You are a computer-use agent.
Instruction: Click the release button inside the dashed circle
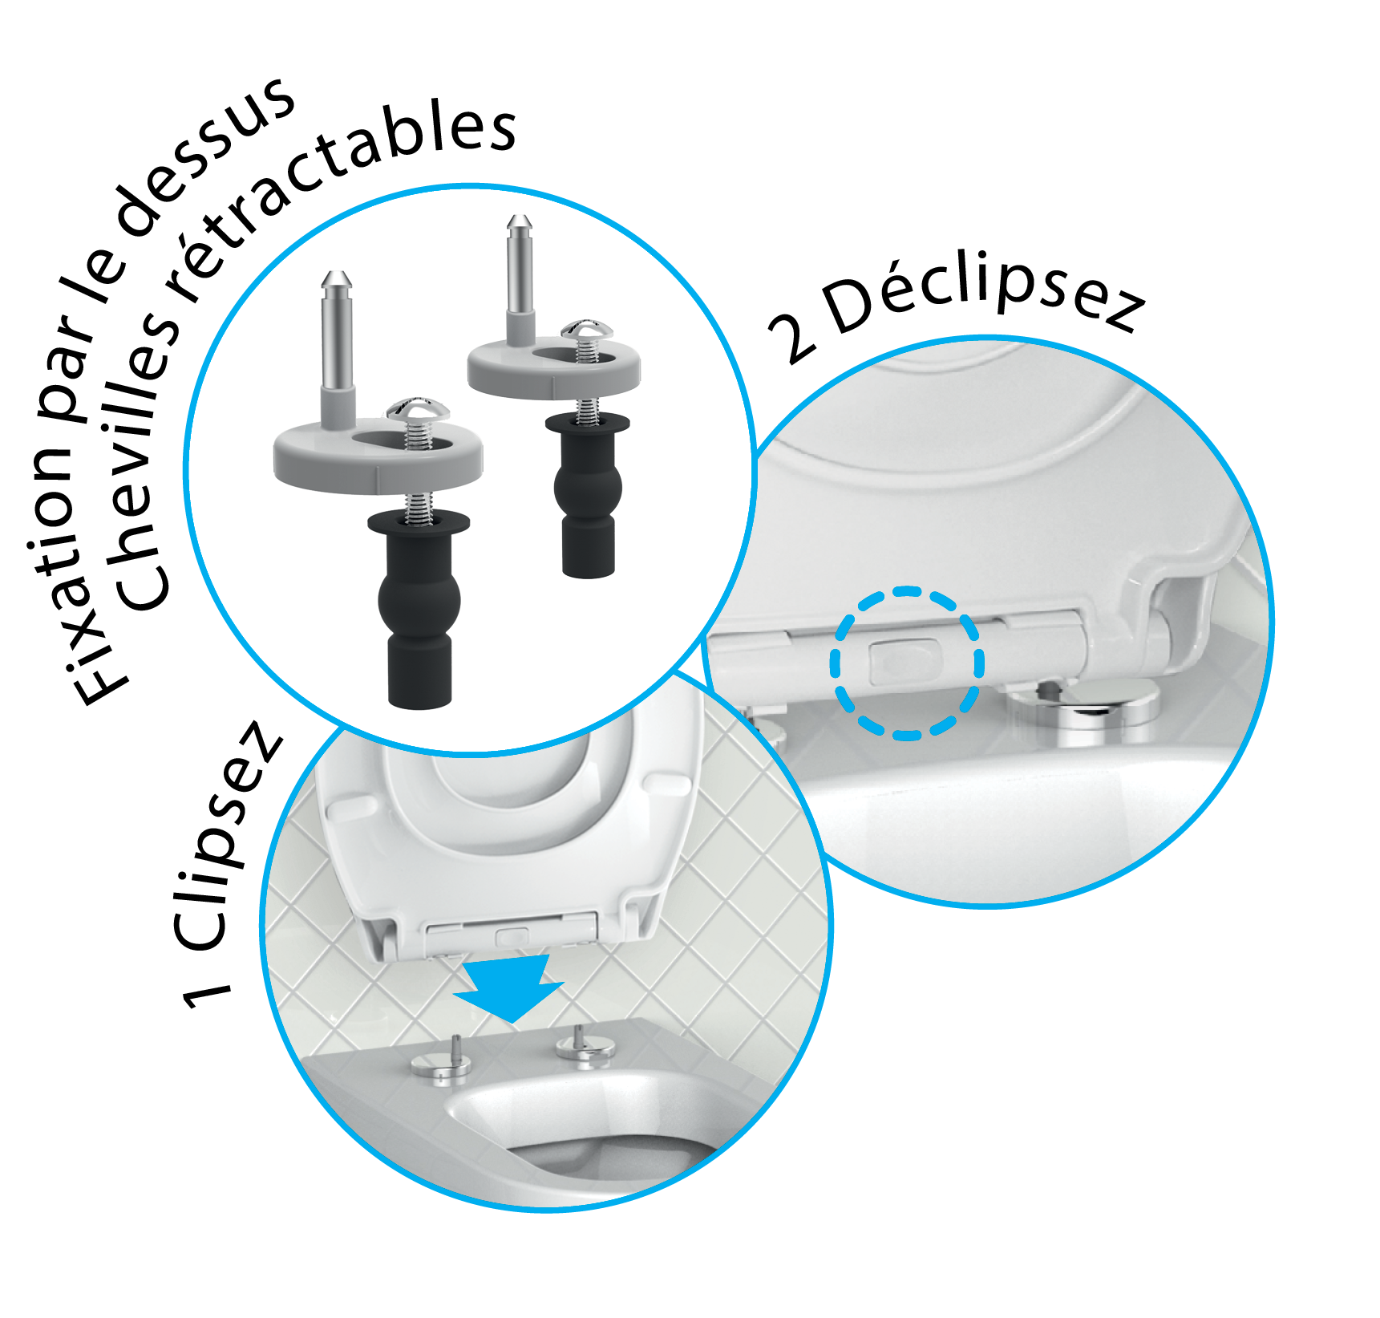click(x=904, y=661)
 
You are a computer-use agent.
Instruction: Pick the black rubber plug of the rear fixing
click(x=588, y=494)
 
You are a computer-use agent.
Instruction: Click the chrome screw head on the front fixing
click(x=417, y=409)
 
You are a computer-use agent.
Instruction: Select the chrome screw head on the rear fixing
click(x=587, y=330)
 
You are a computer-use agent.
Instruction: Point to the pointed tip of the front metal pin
click(x=337, y=277)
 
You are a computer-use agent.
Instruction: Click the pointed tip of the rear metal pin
click(x=520, y=220)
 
